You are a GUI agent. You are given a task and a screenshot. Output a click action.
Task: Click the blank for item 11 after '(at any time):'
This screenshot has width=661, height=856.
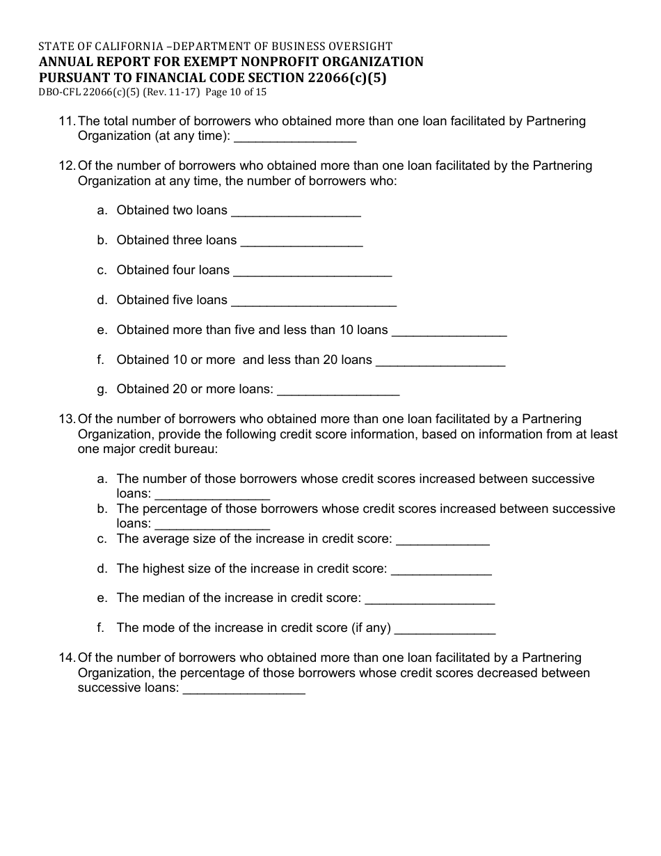[x=296, y=138]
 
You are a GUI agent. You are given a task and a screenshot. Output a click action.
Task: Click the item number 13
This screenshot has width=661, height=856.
[x=67, y=420]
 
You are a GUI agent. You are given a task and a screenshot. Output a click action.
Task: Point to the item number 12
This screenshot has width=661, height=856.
[x=67, y=166]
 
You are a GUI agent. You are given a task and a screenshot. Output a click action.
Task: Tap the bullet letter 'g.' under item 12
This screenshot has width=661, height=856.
[x=102, y=390]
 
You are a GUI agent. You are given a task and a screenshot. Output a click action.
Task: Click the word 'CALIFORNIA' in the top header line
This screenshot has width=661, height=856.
[x=123, y=47]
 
